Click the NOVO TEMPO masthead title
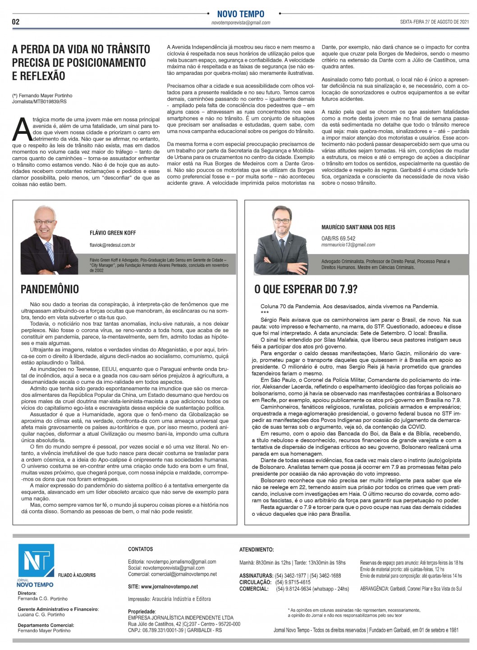pos(241,14)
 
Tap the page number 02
pos(16,22)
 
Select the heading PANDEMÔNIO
pos(50,289)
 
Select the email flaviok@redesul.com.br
pos(112,245)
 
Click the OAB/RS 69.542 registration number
pos(338,238)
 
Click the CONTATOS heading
pos(140,549)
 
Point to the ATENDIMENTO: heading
pos(256,550)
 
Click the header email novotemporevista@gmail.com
pos(241,23)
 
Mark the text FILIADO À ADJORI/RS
pos(77,575)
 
